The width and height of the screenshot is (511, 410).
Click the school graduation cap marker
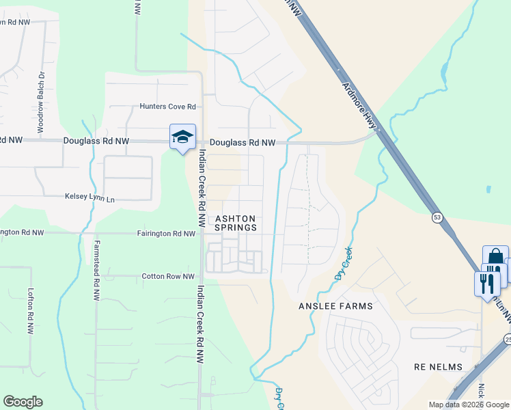click(182, 137)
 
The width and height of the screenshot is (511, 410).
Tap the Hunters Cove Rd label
click(167, 107)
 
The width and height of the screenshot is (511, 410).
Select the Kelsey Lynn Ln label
click(89, 197)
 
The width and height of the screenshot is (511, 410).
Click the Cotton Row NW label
click(167, 276)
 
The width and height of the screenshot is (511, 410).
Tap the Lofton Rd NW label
click(31, 311)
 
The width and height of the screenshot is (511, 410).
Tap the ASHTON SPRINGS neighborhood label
click(236, 223)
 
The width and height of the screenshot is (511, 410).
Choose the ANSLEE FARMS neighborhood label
click(335, 306)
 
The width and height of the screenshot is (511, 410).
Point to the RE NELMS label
click(438, 367)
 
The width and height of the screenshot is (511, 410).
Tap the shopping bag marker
click(495, 258)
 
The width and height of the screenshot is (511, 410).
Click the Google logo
click(23, 402)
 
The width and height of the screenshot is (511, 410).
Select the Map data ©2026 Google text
click(468, 405)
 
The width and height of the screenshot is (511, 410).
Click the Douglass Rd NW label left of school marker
click(96, 141)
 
